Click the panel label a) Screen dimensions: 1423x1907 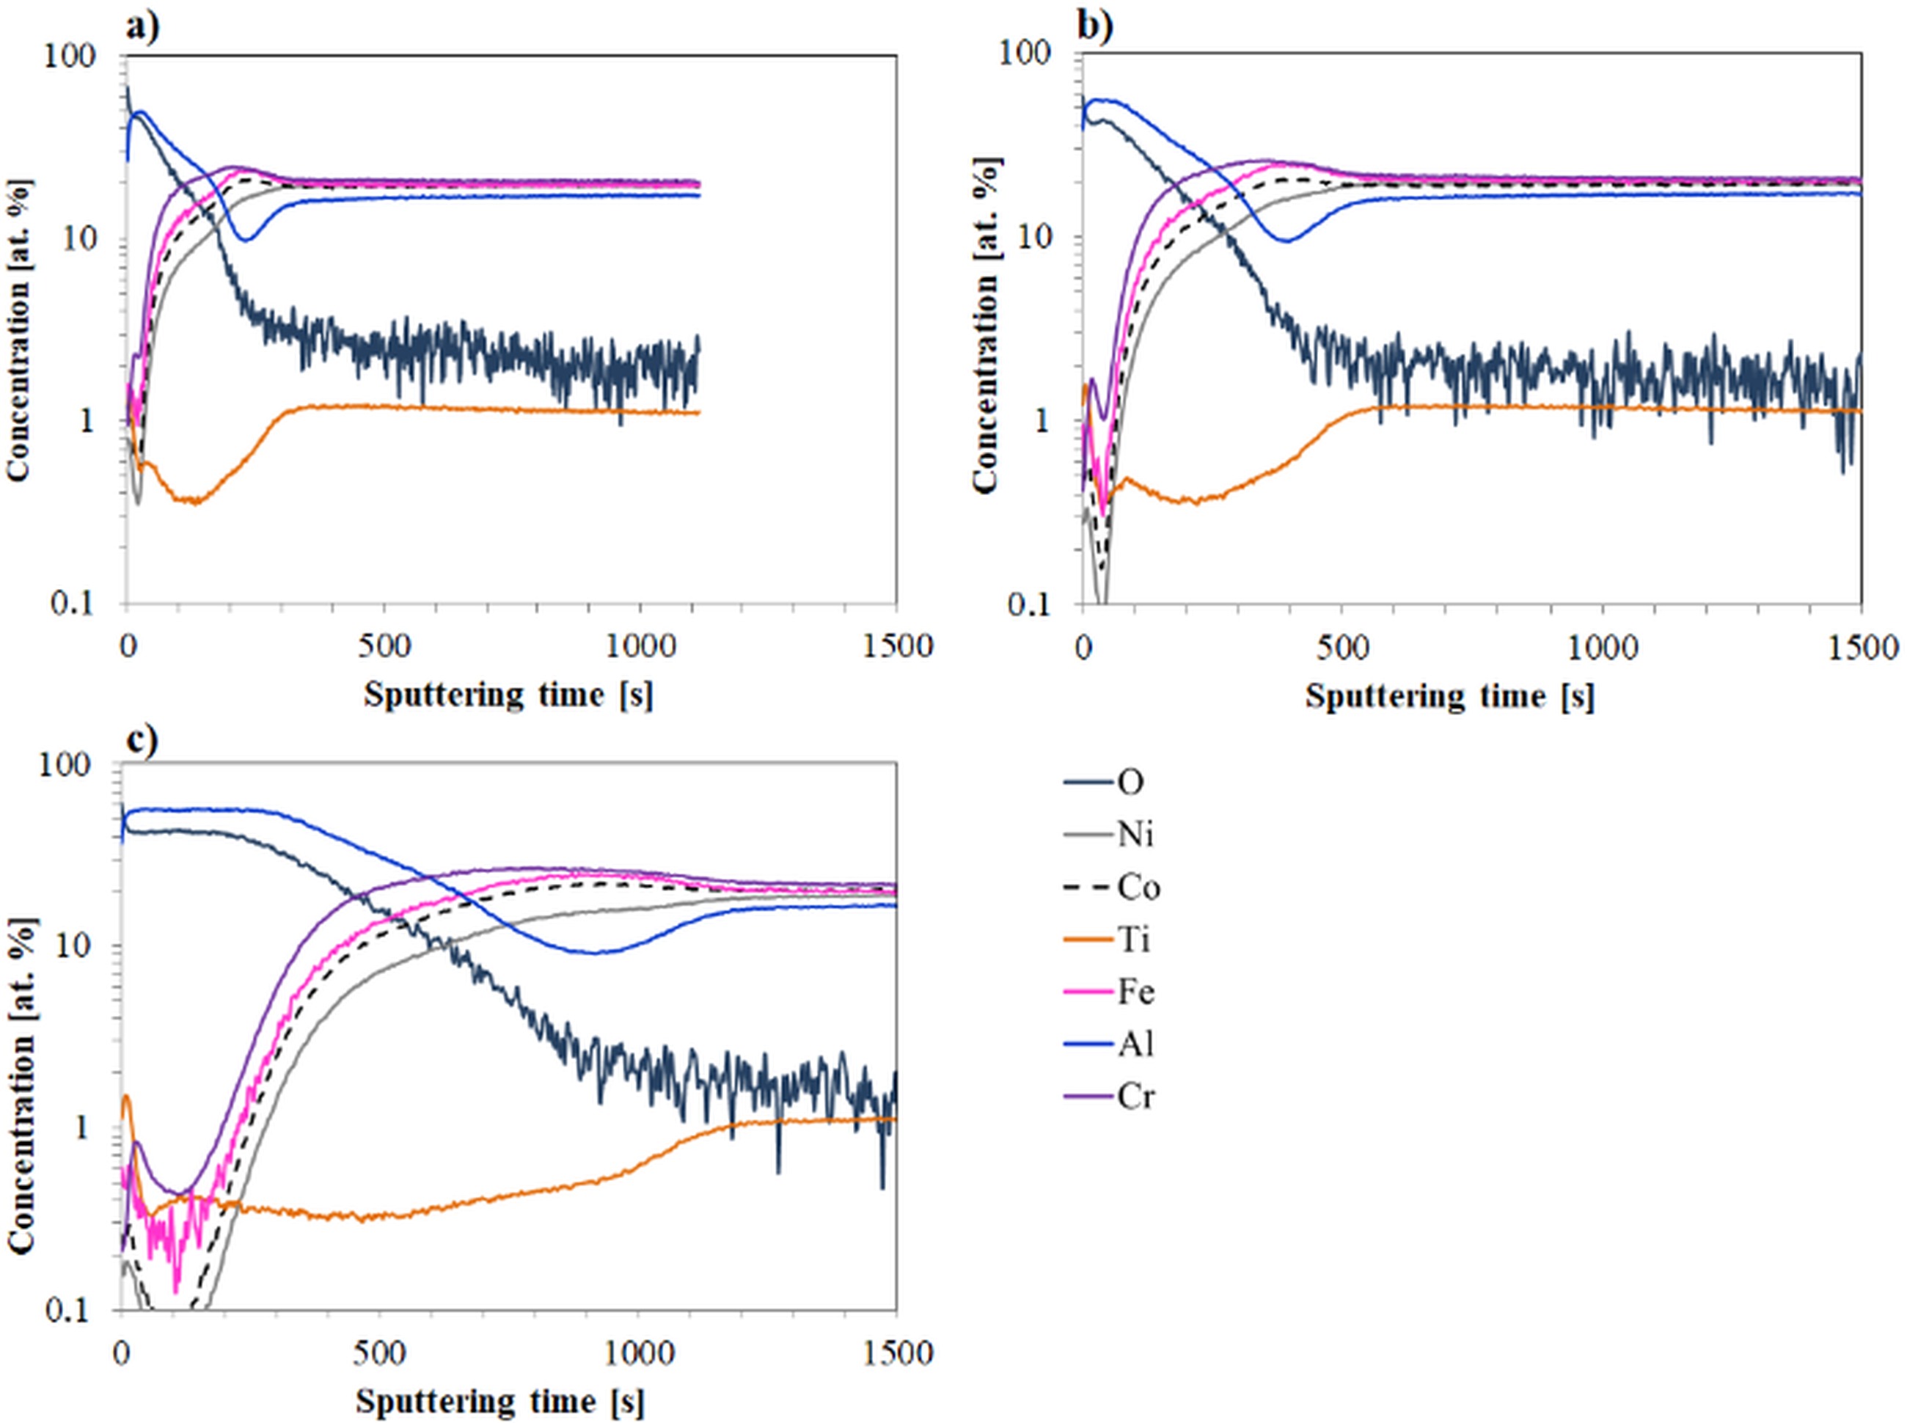coord(143,29)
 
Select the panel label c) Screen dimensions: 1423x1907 coord(142,740)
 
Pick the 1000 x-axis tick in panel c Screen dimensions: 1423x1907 coord(638,1353)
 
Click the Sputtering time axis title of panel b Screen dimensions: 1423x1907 coord(1449,696)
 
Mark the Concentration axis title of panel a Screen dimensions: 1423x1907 coord(19,329)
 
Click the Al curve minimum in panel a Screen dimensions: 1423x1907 coord(246,239)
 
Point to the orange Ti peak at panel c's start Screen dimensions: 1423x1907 coord(127,1097)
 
